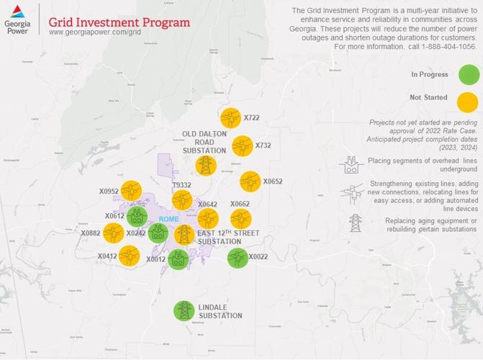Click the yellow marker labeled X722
[230, 117]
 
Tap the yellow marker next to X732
[242, 146]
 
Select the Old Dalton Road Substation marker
[206, 166]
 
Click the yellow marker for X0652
[250, 181]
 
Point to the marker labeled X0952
[131, 191]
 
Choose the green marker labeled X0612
[137, 215]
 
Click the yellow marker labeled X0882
[114, 233]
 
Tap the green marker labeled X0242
[158, 233]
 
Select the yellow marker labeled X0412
[129, 256]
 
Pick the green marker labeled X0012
[179, 258]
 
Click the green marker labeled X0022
[237, 257]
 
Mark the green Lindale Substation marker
[184, 311]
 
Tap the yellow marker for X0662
[240, 219]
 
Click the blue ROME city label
[168, 220]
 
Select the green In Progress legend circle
[469, 74]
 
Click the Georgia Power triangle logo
[17, 11]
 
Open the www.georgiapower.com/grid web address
[94, 32]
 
